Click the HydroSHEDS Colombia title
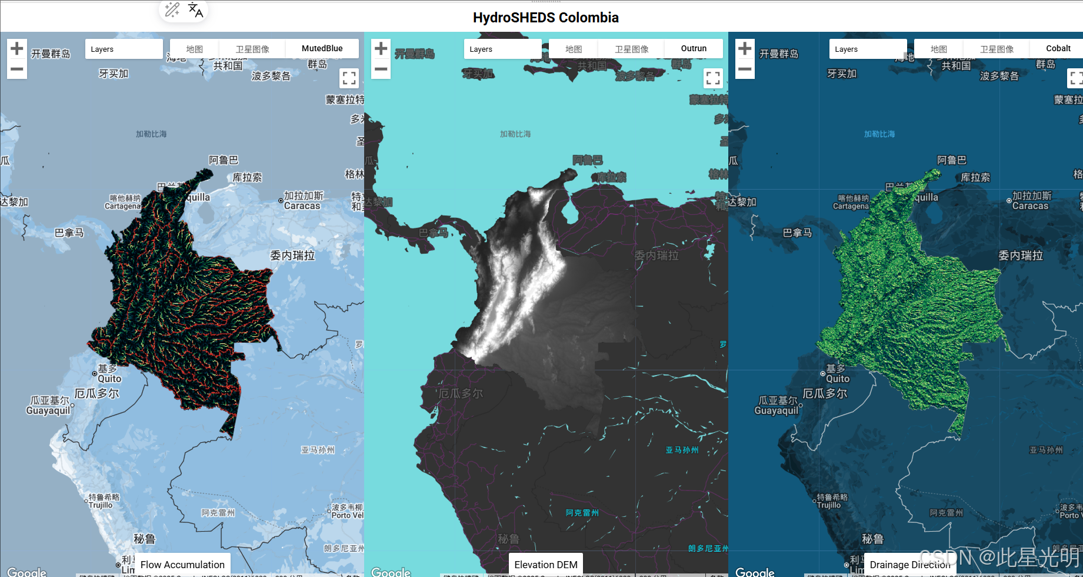545,18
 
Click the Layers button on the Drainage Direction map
868,49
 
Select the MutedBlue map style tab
322,48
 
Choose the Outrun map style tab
694,48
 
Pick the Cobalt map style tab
1058,48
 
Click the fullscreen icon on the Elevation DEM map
713,78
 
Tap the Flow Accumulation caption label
182,565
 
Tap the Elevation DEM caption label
546,565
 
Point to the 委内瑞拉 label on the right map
1021,256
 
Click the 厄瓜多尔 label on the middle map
461,393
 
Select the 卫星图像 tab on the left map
252,49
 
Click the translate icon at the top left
195,10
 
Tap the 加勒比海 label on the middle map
515,134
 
